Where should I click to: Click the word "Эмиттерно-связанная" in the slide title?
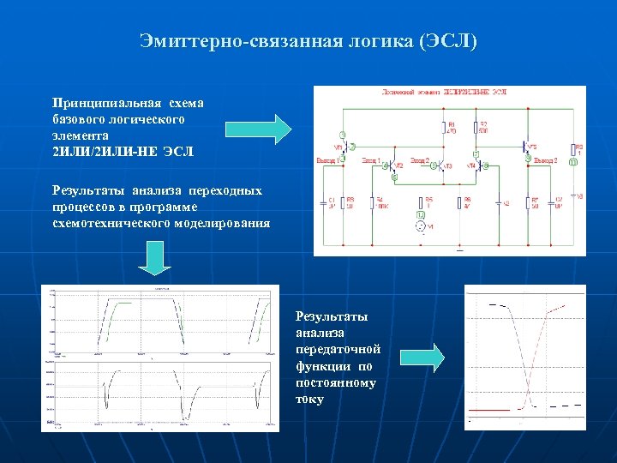pos(210,41)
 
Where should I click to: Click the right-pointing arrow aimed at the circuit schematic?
pos(259,129)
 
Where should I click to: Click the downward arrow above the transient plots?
pos(156,257)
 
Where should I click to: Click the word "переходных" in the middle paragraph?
pos(230,190)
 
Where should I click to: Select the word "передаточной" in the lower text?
pos(338,350)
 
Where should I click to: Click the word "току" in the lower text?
pos(310,399)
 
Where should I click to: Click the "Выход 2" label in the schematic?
pos(545,159)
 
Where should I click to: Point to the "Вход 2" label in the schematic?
pos(419,159)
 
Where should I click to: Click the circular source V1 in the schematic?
pos(420,226)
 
